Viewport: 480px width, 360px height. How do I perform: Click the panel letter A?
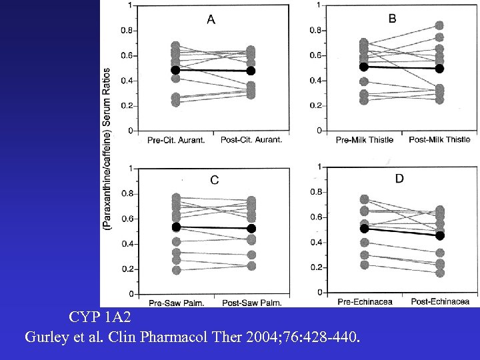[211, 20]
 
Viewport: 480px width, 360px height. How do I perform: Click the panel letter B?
[392, 19]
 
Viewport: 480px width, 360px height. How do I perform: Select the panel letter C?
[214, 179]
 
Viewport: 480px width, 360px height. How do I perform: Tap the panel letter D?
[399, 178]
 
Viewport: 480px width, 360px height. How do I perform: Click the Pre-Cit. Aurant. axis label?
[175, 139]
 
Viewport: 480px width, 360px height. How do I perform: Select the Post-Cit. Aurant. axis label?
[251, 139]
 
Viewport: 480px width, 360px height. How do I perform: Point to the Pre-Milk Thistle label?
[365, 139]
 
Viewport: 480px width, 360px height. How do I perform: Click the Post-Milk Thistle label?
[439, 139]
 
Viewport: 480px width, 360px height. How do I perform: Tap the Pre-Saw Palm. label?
[177, 303]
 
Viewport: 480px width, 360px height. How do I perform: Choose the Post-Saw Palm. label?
[252, 303]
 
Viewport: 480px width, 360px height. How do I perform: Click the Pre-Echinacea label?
[365, 301]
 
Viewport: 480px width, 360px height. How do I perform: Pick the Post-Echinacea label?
[439, 301]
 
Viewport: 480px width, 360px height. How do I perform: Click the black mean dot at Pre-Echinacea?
[365, 229]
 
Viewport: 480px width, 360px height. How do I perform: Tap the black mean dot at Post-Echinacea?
[440, 235]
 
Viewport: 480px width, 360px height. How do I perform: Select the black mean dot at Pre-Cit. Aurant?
[175, 70]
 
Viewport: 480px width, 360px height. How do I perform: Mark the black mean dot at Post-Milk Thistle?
[440, 69]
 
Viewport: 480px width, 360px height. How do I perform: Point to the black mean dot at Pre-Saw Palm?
[177, 227]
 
